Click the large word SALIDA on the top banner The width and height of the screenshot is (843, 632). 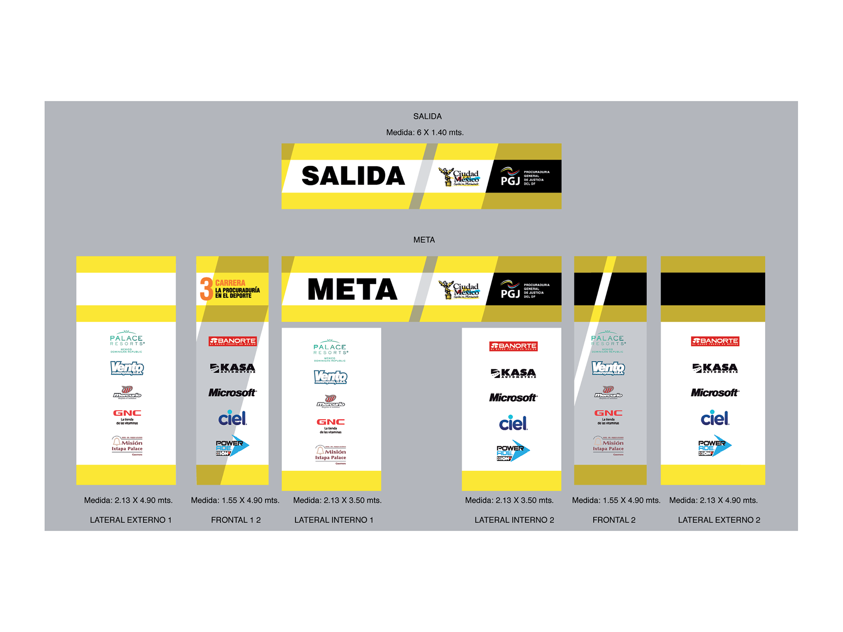click(x=353, y=176)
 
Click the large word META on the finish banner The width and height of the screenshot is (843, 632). click(x=353, y=289)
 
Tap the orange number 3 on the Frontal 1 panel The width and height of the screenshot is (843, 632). click(x=206, y=289)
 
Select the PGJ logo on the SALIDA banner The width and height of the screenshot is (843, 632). click(x=524, y=177)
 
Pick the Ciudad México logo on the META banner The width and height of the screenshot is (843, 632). click(x=459, y=290)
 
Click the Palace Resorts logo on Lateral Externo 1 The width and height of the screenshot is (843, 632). click(x=126, y=341)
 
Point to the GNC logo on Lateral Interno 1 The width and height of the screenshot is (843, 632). click(x=331, y=425)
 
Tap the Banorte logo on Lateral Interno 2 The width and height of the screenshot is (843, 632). click(x=513, y=346)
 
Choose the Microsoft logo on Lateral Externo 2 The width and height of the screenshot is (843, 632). click(x=714, y=392)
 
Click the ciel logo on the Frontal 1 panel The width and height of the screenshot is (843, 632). click(x=232, y=418)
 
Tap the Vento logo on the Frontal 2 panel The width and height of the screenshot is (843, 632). click(x=608, y=368)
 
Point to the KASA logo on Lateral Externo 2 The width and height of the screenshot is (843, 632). click(x=714, y=368)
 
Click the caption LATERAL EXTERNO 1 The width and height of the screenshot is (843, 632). click(x=130, y=520)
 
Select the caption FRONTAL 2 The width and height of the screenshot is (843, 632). click(x=614, y=520)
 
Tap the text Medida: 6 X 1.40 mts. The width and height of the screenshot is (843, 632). click(x=425, y=133)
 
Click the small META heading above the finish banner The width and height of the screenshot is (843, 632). click(x=424, y=240)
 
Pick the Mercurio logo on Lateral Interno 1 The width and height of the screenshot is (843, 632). click(x=331, y=402)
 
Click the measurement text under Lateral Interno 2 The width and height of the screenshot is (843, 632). click(x=509, y=500)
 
